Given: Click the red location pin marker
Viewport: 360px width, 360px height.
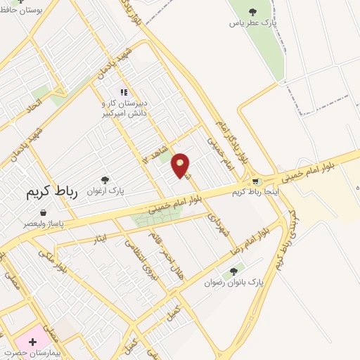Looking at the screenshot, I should click(181, 165).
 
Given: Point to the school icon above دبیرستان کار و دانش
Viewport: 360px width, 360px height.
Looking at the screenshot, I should click(123, 92).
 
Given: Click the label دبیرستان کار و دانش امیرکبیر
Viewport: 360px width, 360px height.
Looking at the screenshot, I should click(123, 108).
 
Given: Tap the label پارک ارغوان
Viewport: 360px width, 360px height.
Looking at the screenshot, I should click(105, 191).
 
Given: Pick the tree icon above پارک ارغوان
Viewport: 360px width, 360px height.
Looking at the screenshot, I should click(105, 180).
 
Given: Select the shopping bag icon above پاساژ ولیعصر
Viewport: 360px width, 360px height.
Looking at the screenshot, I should click(43, 212).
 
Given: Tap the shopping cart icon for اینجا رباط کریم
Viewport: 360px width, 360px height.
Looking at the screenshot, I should click(255, 181).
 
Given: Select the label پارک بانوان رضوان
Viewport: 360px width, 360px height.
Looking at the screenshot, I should click(236, 281).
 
